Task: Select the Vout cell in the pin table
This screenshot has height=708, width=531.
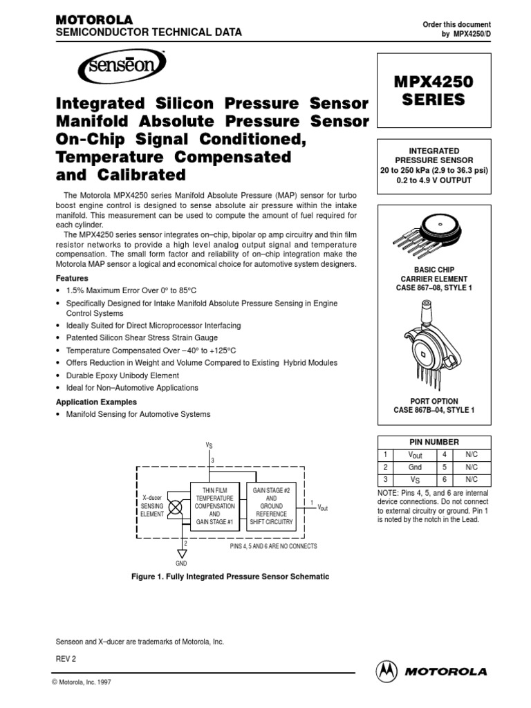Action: point(416,455)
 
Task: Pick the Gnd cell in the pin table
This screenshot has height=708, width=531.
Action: point(416,467)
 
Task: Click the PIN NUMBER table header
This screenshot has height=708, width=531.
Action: point(434,442)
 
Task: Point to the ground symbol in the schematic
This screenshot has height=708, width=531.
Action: point(182,553)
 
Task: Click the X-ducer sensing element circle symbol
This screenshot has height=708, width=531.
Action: point(176,505)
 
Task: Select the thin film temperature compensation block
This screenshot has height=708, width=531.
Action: point(214,505)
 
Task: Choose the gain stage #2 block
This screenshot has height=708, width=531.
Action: point(272,505)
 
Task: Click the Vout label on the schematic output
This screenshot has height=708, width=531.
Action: point(322,507)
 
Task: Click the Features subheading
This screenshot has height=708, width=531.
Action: point(72,278)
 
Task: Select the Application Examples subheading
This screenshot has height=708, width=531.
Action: point(95,402)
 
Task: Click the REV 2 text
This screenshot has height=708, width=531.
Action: point(66,660)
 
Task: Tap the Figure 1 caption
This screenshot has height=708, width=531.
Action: point(230,576)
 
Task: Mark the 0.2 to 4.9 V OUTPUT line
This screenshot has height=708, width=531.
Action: point(434,180)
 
